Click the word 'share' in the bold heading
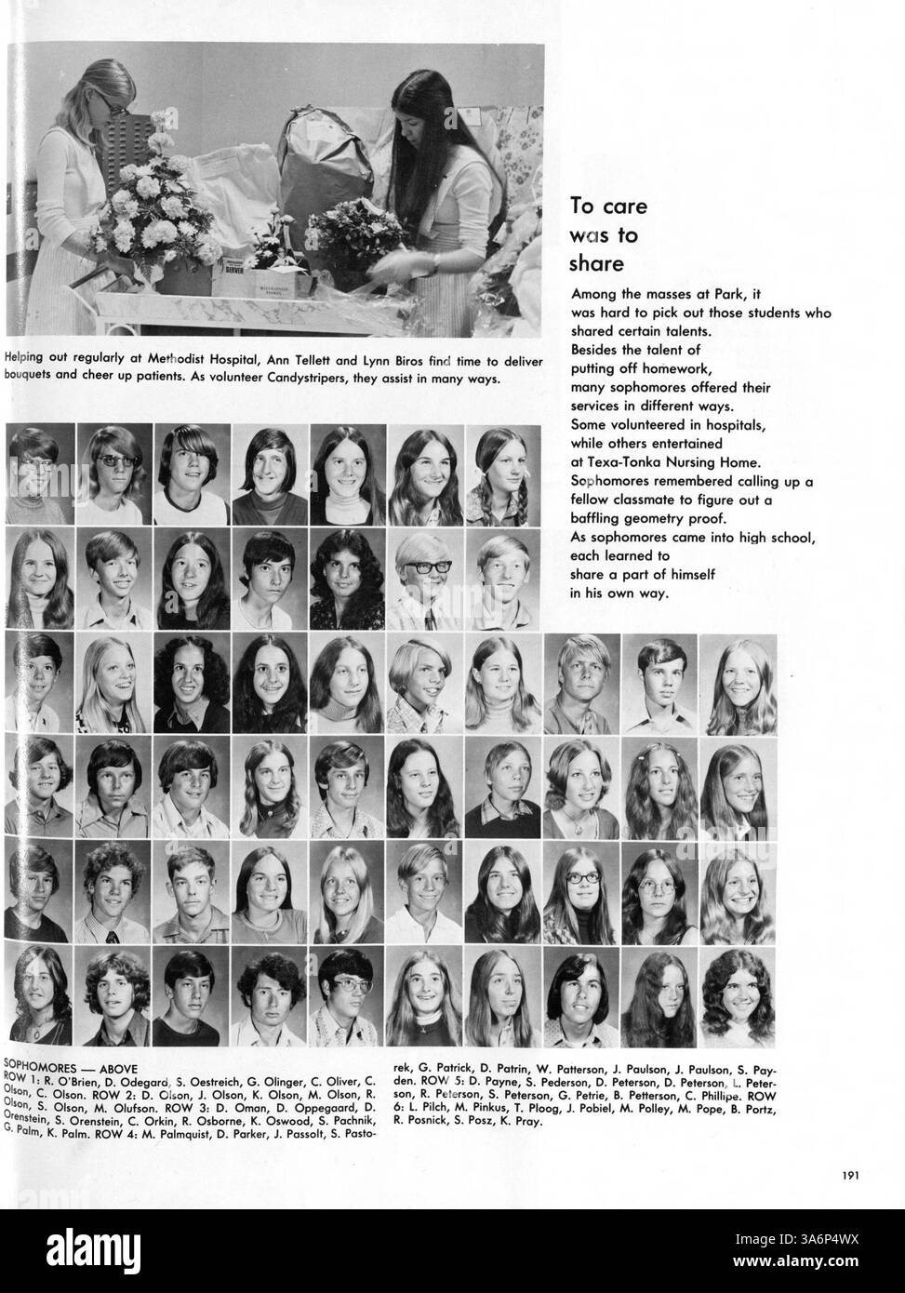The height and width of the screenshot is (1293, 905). [595, 264]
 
